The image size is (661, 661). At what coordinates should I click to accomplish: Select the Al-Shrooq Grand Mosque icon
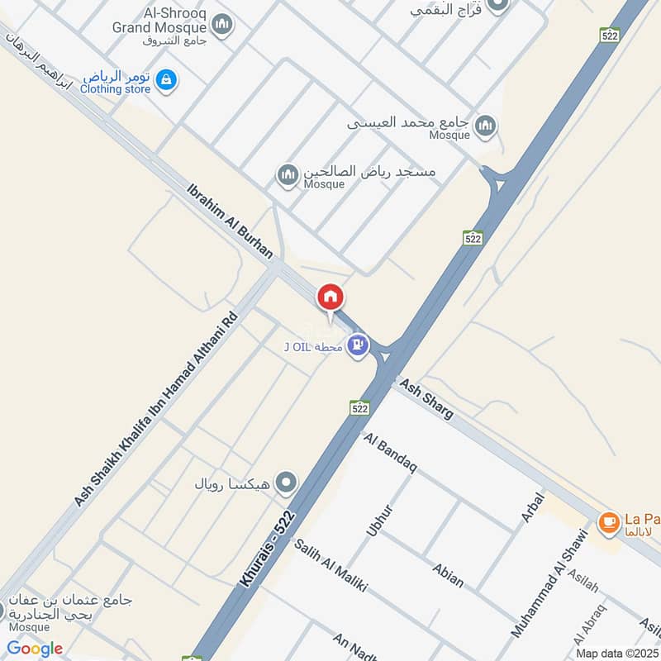[x=221, y=26]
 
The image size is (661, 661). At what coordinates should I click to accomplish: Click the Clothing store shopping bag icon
[x=166, y=80]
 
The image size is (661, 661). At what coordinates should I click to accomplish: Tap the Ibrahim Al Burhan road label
[x=231, y=221]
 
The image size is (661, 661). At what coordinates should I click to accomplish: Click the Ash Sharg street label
[x=426, y=398]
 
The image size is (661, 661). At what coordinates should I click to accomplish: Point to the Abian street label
[x=448, y=574]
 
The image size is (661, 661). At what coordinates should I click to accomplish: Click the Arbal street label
[x=532, y=507]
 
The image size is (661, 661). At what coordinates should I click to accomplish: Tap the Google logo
[x=35, y=649]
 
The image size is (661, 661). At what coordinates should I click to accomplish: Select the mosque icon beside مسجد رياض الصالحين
[x=288, y=175]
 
